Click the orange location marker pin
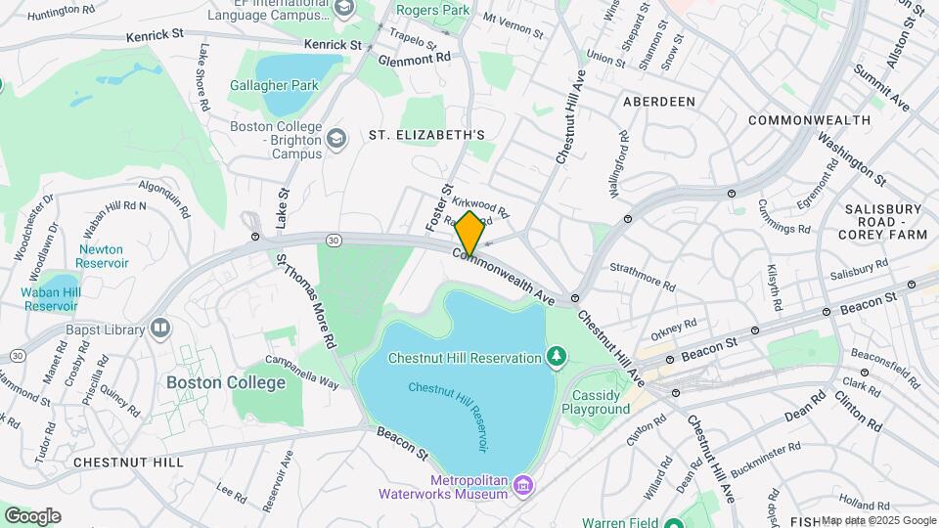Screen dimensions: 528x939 pos(469,233)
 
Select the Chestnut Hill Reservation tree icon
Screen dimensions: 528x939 pos(557,357)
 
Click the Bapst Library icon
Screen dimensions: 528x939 pos(160,328)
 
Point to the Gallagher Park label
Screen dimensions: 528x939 pos(274,85)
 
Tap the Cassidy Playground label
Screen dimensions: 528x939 pos(596,401)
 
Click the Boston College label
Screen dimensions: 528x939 pos(212,382)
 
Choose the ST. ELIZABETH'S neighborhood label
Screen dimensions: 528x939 pos(426,134)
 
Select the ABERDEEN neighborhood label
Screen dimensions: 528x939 pos(658,102)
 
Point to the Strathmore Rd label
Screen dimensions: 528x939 pos(643,277)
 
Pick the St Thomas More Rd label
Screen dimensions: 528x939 pos(306,302)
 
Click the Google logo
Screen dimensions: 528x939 pos(32,516)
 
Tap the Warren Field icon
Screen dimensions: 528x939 pos(673,523)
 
